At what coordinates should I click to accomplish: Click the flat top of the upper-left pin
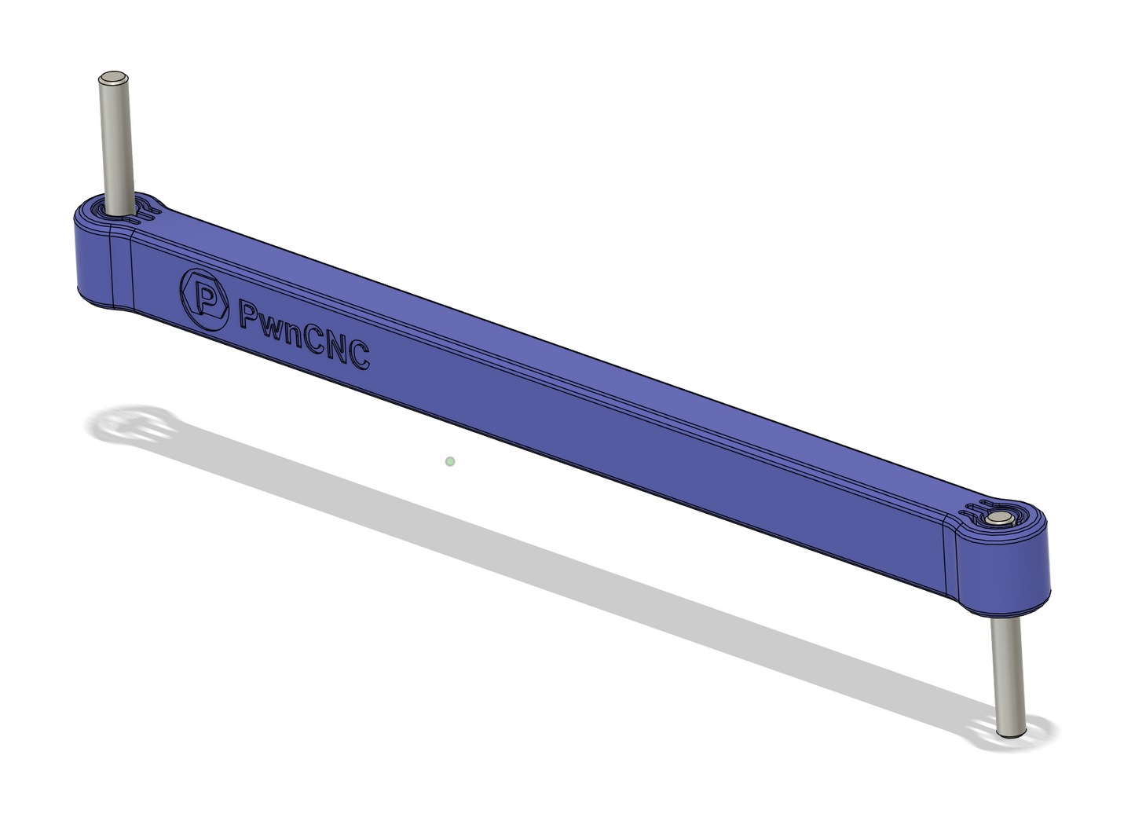tap(114, 78)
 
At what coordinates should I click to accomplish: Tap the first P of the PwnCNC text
tap(251, 317)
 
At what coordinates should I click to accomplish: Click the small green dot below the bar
tap(450, 461)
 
